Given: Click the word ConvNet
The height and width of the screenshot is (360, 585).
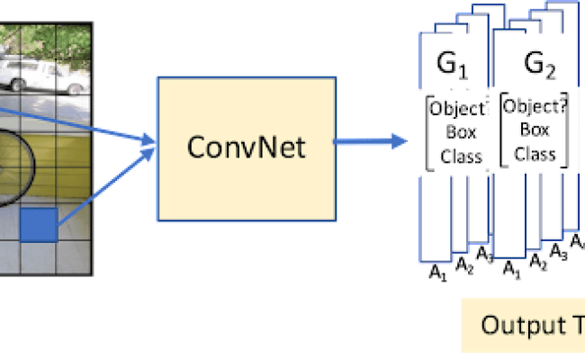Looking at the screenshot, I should [246, 146].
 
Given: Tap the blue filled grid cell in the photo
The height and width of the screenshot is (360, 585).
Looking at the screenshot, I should [39, 224].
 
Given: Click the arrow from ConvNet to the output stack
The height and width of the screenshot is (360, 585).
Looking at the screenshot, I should [369, 140].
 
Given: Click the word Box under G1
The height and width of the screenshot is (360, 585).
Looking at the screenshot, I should [454, 136].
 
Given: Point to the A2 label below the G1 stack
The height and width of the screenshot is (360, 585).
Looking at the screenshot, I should [463, 265].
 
